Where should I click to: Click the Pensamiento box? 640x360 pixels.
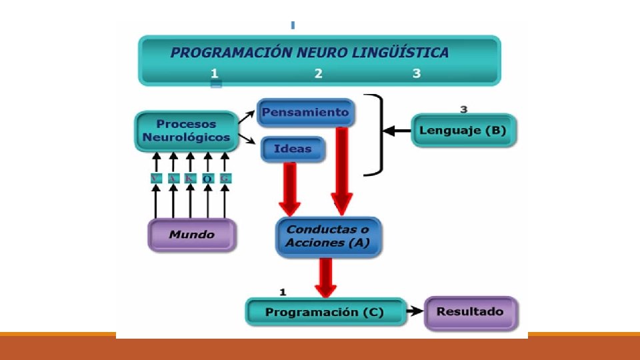pyautogui.click(x=305, y=112)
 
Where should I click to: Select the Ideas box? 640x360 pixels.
pyautogui.click(x=293, y=149)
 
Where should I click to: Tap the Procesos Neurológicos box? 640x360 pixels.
pyautogui.click(x=186, y=131)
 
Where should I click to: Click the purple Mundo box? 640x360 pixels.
pyautogui.click(x=191, y=235)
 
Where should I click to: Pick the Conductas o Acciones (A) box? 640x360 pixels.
pyautogui.click(x=328, y=236)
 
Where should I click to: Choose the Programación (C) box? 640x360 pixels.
pyautogui.click(x=325, y=312)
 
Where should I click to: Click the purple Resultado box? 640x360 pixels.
pyautogui.click(x=471, y=311)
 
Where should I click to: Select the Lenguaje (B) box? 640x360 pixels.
pyautogui.click(x=463, y=130)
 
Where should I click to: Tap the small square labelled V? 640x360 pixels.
pyautogui.click(x=156, y=178)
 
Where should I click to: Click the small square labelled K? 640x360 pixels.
pyautogui.click(x=191, y=178)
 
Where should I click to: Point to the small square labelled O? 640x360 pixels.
pyautogui.click(x=208, y=178)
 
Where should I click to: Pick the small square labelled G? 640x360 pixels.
pyautogui.click(x=225, y=178)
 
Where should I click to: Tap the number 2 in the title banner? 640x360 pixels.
pyautogui.click(x=319, y=73)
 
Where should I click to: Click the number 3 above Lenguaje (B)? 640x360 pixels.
pyautogui.click(x=464, y=109)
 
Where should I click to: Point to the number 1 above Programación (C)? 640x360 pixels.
pyautogui.click(x=283, y=291)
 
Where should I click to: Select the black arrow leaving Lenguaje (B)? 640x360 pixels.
pyautogui.click(x=399, y=131)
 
